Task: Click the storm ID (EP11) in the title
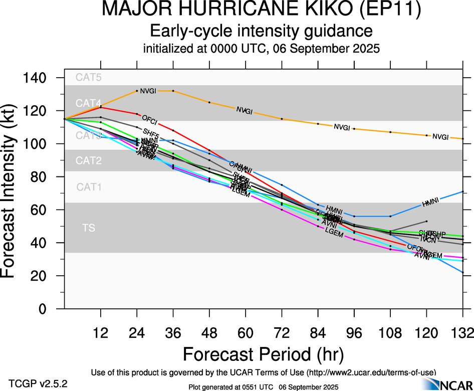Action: click(x=386, y=10)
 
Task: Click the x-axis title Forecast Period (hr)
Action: click(x=263, y=354)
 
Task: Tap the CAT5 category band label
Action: click(x=89, y=77)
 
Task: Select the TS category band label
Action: click(x=89, y=228)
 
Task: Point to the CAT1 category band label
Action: click(x=89, y=187)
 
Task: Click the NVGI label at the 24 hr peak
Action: click(x=148, y=91)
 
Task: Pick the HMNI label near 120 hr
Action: click(x=430, y=202)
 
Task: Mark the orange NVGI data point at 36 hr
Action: click(x=173, y=91)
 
